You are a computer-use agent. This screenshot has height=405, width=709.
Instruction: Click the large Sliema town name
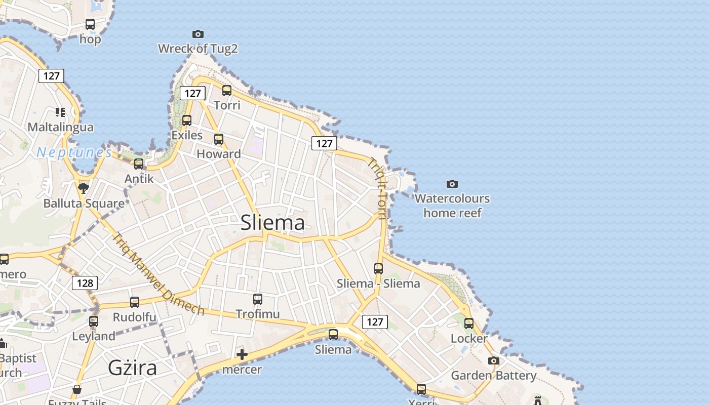coord(272,223)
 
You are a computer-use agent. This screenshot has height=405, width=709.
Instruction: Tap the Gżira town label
coord(132,368)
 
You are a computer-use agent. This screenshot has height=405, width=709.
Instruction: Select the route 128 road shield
coord(85,283)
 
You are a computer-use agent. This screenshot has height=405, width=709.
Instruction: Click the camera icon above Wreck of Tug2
coord(198,34)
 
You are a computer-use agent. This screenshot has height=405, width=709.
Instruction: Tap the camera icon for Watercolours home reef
coord(452,184)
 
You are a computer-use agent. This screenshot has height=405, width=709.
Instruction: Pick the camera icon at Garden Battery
coord(493,360)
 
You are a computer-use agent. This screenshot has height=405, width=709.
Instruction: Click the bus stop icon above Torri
coord(227,91)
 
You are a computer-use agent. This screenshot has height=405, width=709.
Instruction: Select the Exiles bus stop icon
coord(187,120)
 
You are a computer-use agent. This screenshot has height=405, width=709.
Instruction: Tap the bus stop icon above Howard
coord(219,139)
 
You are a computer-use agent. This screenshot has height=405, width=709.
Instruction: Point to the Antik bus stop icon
coord(139,164)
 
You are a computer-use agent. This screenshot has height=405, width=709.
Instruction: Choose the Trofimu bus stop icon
coord(258,299)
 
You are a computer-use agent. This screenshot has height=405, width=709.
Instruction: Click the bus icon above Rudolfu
coord(135,302)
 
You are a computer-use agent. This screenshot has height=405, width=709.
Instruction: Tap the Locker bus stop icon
coord(469,323)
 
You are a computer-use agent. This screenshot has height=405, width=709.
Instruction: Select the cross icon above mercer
coord(242,354)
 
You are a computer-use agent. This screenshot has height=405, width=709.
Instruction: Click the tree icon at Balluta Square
coord(84,189)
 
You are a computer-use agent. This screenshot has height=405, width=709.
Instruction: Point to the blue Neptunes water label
coord(74,152)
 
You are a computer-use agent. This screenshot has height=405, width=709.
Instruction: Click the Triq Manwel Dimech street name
coord(157,274)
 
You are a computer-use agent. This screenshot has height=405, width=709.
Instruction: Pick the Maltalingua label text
coord(61,127)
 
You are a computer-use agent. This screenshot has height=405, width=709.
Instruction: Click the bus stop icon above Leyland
coord(94,321)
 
